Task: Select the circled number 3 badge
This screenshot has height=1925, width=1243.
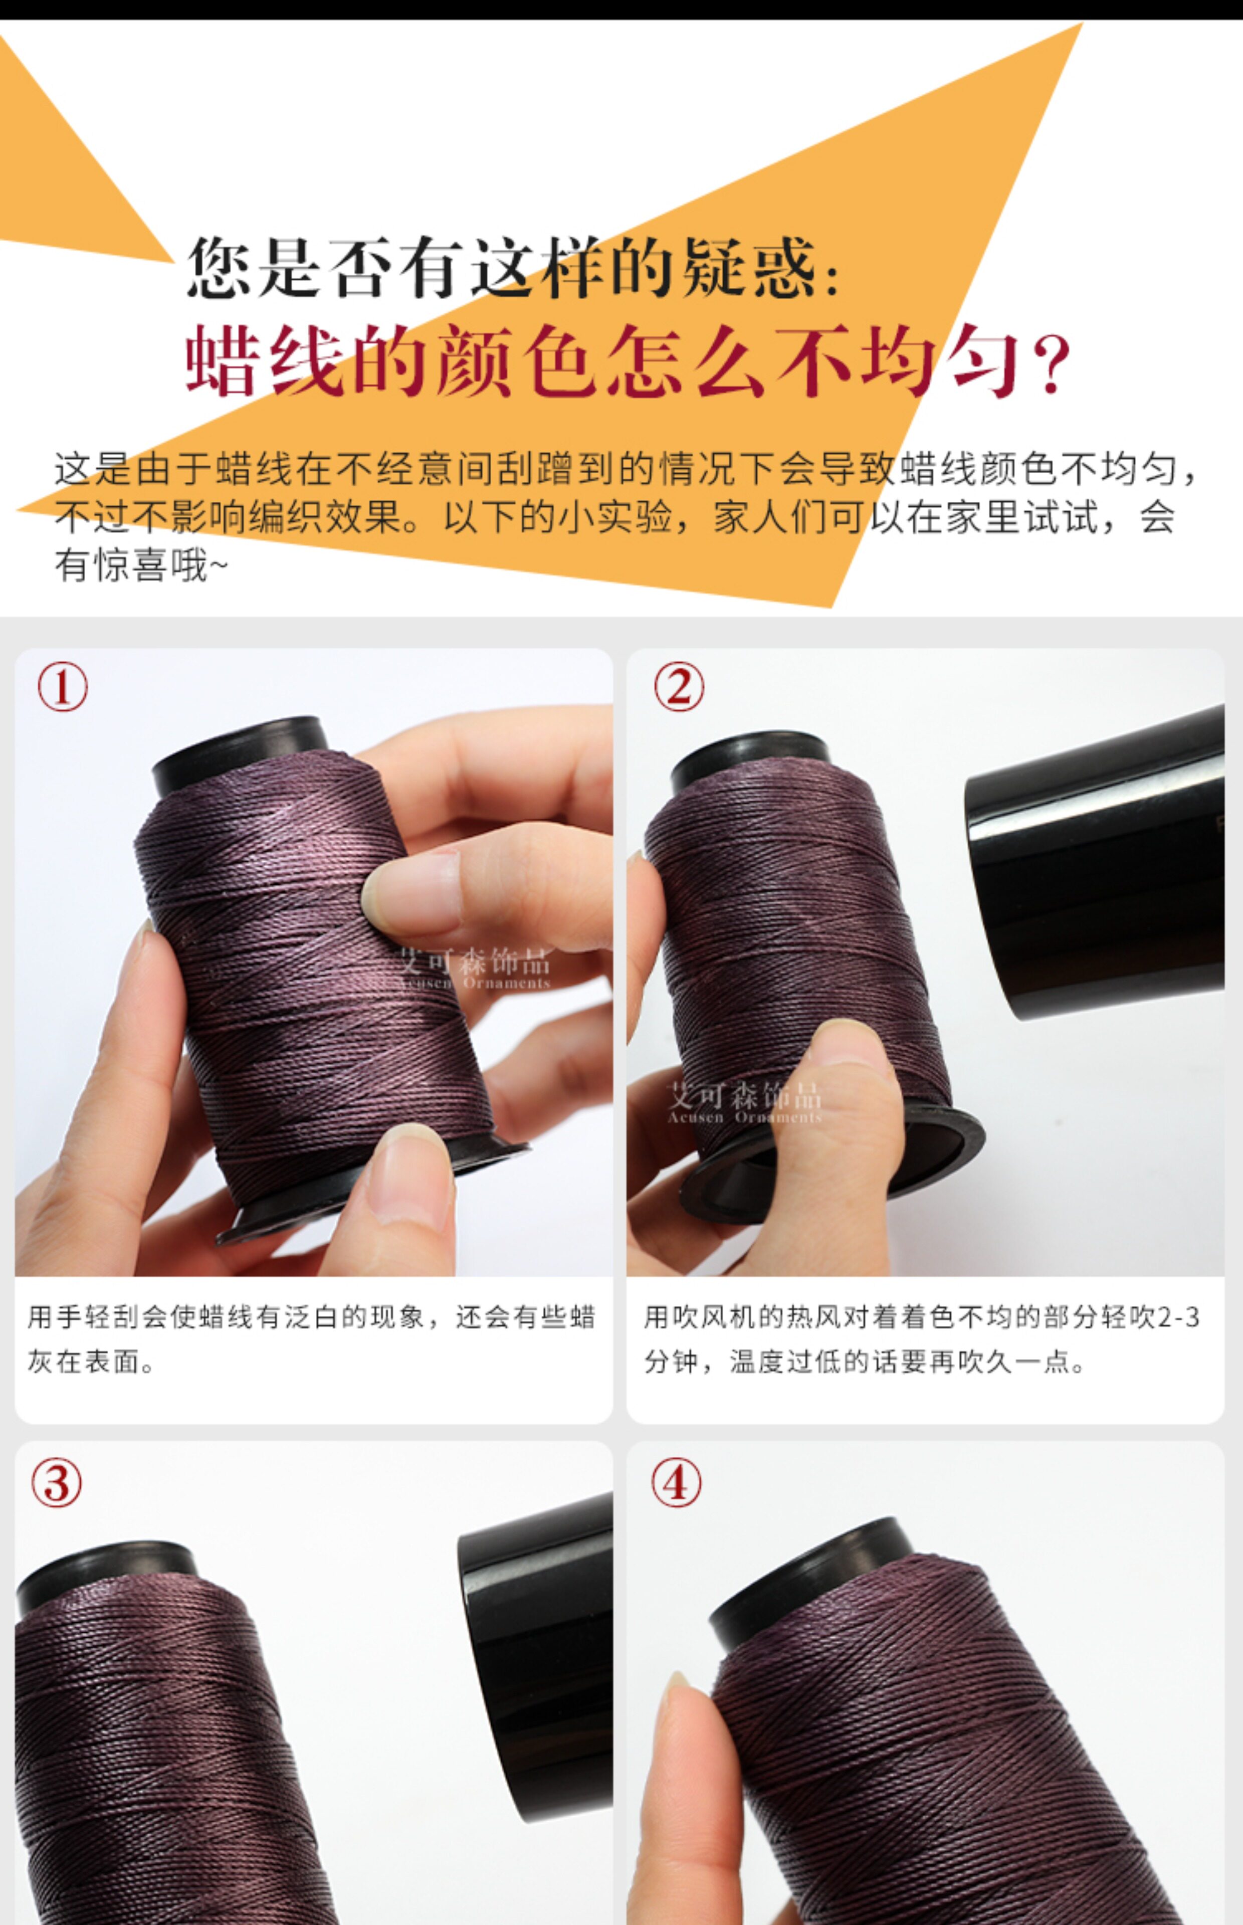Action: pos(57,1483)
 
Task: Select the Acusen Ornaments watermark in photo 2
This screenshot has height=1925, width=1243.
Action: pos(744,1117)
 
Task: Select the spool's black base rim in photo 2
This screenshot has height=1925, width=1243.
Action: pos(832,1162)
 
